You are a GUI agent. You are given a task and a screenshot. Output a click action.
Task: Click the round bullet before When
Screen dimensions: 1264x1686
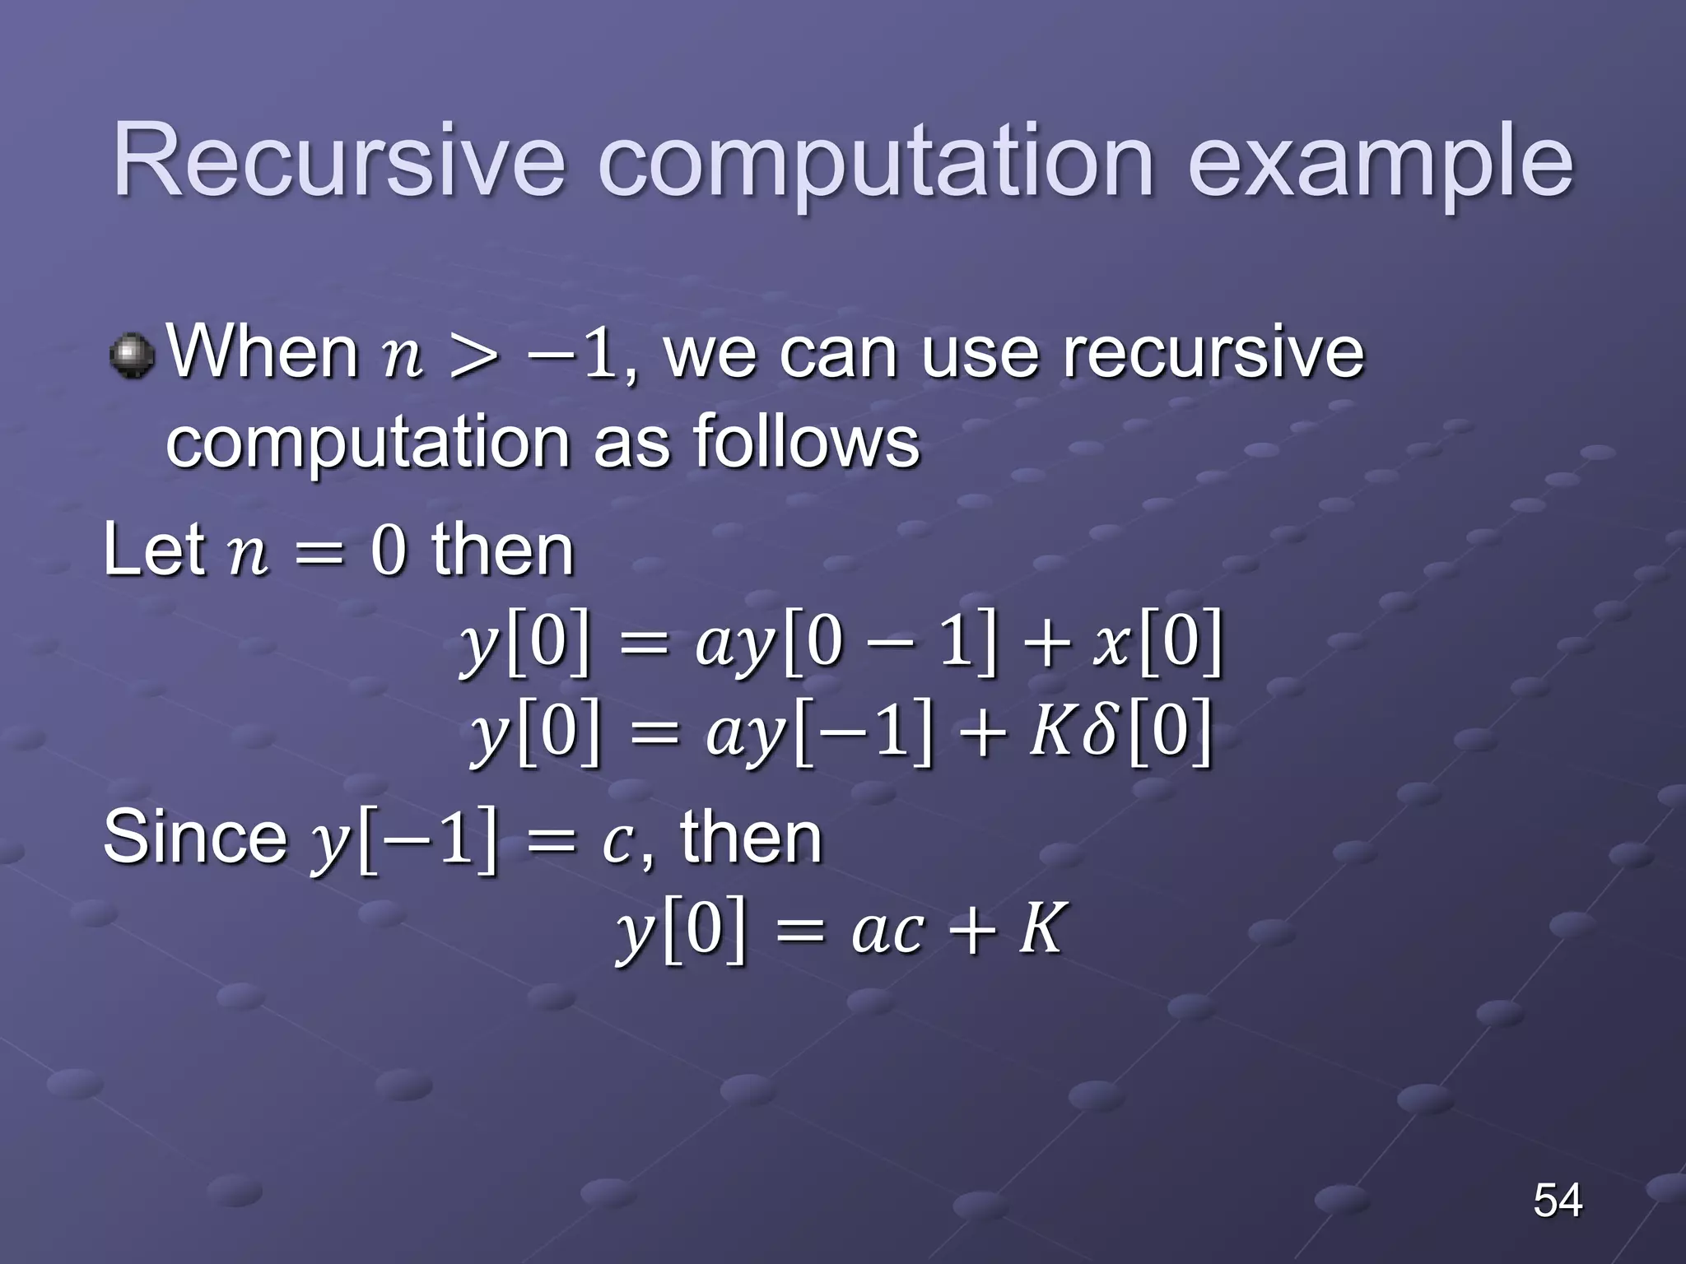tap(132, 356)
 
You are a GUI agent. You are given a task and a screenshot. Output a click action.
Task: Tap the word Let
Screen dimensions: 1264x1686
tap(154, 550)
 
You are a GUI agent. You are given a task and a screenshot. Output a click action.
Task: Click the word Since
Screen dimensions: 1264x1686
tap(194, 837)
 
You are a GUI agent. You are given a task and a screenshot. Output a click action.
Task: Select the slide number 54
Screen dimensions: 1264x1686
tap(1557, 1200)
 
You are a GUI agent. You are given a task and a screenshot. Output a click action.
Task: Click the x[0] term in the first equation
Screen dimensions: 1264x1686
tap(1157, 644)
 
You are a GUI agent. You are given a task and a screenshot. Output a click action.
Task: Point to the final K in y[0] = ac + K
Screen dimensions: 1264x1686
tap(1042, 928)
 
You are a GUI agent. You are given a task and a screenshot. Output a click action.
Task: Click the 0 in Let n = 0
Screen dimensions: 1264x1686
tap(389, 551)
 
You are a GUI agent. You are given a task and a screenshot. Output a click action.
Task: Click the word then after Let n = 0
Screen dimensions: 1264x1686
tap(502, 550)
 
